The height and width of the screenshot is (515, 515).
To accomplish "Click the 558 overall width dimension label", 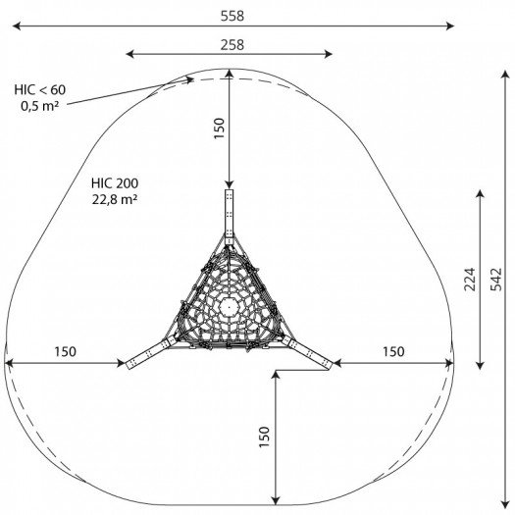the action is pos(232,16).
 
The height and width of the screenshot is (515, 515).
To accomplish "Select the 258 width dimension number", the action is pos(232,45).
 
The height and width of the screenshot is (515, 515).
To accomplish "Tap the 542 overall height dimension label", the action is pos(496,280).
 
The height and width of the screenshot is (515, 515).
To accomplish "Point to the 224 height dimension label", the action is pos(470,280).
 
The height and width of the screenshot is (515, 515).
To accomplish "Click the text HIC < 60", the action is pos(40,89).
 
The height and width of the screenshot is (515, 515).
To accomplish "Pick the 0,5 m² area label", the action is pos(40,106).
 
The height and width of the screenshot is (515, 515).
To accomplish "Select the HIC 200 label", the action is pos(115,182).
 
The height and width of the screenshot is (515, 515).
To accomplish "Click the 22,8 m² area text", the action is pos(115,199).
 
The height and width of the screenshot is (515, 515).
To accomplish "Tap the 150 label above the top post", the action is pos(219,129).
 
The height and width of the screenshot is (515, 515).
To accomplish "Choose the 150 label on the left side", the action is pos(65,352).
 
